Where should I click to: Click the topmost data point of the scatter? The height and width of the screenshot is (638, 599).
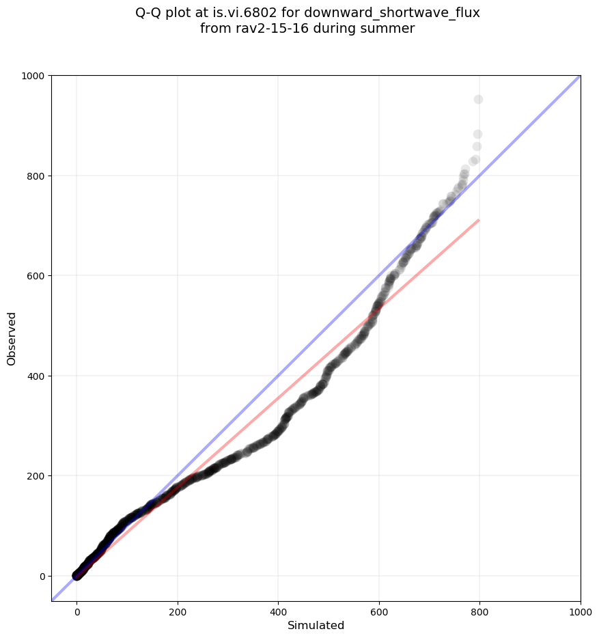[478, 100]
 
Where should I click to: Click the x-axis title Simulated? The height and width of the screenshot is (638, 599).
[316, 626]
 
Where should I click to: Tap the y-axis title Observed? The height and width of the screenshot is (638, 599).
[12, 338]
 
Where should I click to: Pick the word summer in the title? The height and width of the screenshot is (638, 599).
[389, 29]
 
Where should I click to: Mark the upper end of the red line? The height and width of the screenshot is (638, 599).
[479, 220]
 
